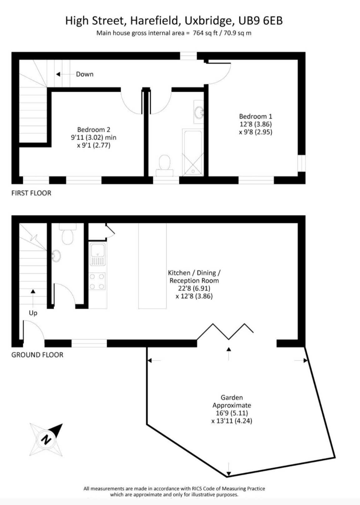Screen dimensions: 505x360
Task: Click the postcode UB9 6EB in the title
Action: (x=260, y=21)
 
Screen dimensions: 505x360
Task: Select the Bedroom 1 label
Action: (x=255, y=116)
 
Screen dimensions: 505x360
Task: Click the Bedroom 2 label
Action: (x=93, y=130)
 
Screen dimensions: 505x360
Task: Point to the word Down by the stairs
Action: (x=85, y=74)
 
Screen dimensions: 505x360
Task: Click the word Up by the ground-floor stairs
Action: (x=33, y=313)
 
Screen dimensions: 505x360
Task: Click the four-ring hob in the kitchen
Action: (x=97, y=281)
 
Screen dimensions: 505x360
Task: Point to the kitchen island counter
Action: (x=152, y=265)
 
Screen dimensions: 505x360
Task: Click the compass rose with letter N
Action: (x=46, y=439)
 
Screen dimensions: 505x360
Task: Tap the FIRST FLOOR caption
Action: (x=31, y=193)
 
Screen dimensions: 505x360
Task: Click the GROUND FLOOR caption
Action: (x=37, y=355)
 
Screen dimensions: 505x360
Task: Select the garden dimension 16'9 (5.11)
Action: (x=232, y=413)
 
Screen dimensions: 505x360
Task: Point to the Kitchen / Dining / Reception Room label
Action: (x=194, y=277)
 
